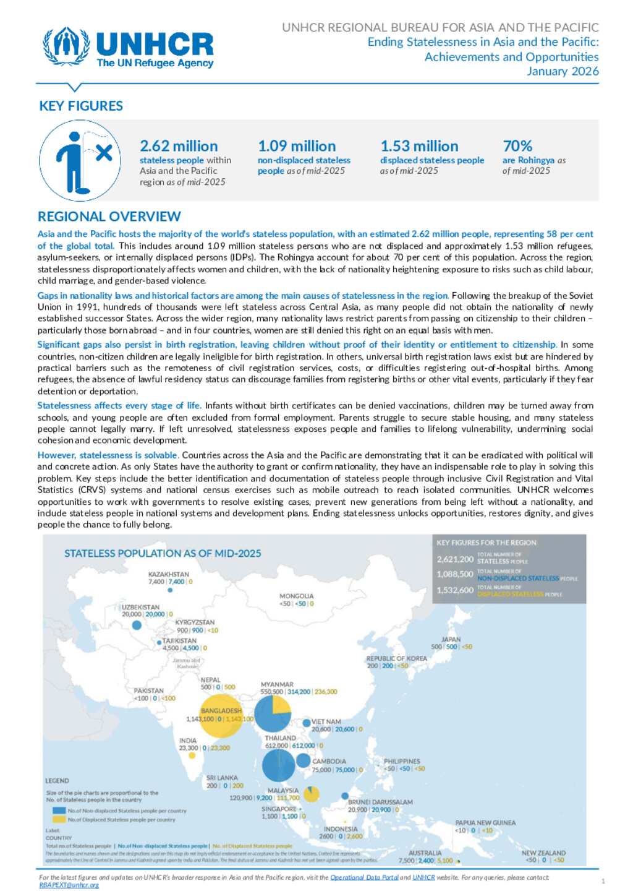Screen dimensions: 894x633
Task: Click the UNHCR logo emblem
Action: coord(66,45)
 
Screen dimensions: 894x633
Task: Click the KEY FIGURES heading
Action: coord(81,106)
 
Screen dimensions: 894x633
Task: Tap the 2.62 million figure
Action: coord(179,146)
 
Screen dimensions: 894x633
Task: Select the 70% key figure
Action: coord(517,146)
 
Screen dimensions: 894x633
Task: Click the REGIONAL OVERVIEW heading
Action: coord(109,217)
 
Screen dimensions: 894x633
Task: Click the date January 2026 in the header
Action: coord(563,71)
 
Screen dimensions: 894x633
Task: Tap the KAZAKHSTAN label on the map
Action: coord(169,574)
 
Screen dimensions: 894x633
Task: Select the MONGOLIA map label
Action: coord(297,596)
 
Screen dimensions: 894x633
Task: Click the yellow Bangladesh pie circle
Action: coord(221,717)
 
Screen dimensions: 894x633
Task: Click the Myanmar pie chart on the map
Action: coord(273,713)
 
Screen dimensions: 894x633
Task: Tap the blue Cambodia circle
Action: coord(303,760)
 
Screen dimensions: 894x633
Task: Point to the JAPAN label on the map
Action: coord(451,639)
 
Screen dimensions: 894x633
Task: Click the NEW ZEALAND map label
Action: coord(543,853)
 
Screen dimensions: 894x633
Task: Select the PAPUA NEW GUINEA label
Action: coord(485,823)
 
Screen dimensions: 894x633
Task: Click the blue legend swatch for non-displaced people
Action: coord(59,810)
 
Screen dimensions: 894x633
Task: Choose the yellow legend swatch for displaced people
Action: coord(59,819)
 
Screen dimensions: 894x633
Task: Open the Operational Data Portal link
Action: coord(364,877)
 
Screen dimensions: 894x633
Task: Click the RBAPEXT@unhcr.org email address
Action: coord(69,885)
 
